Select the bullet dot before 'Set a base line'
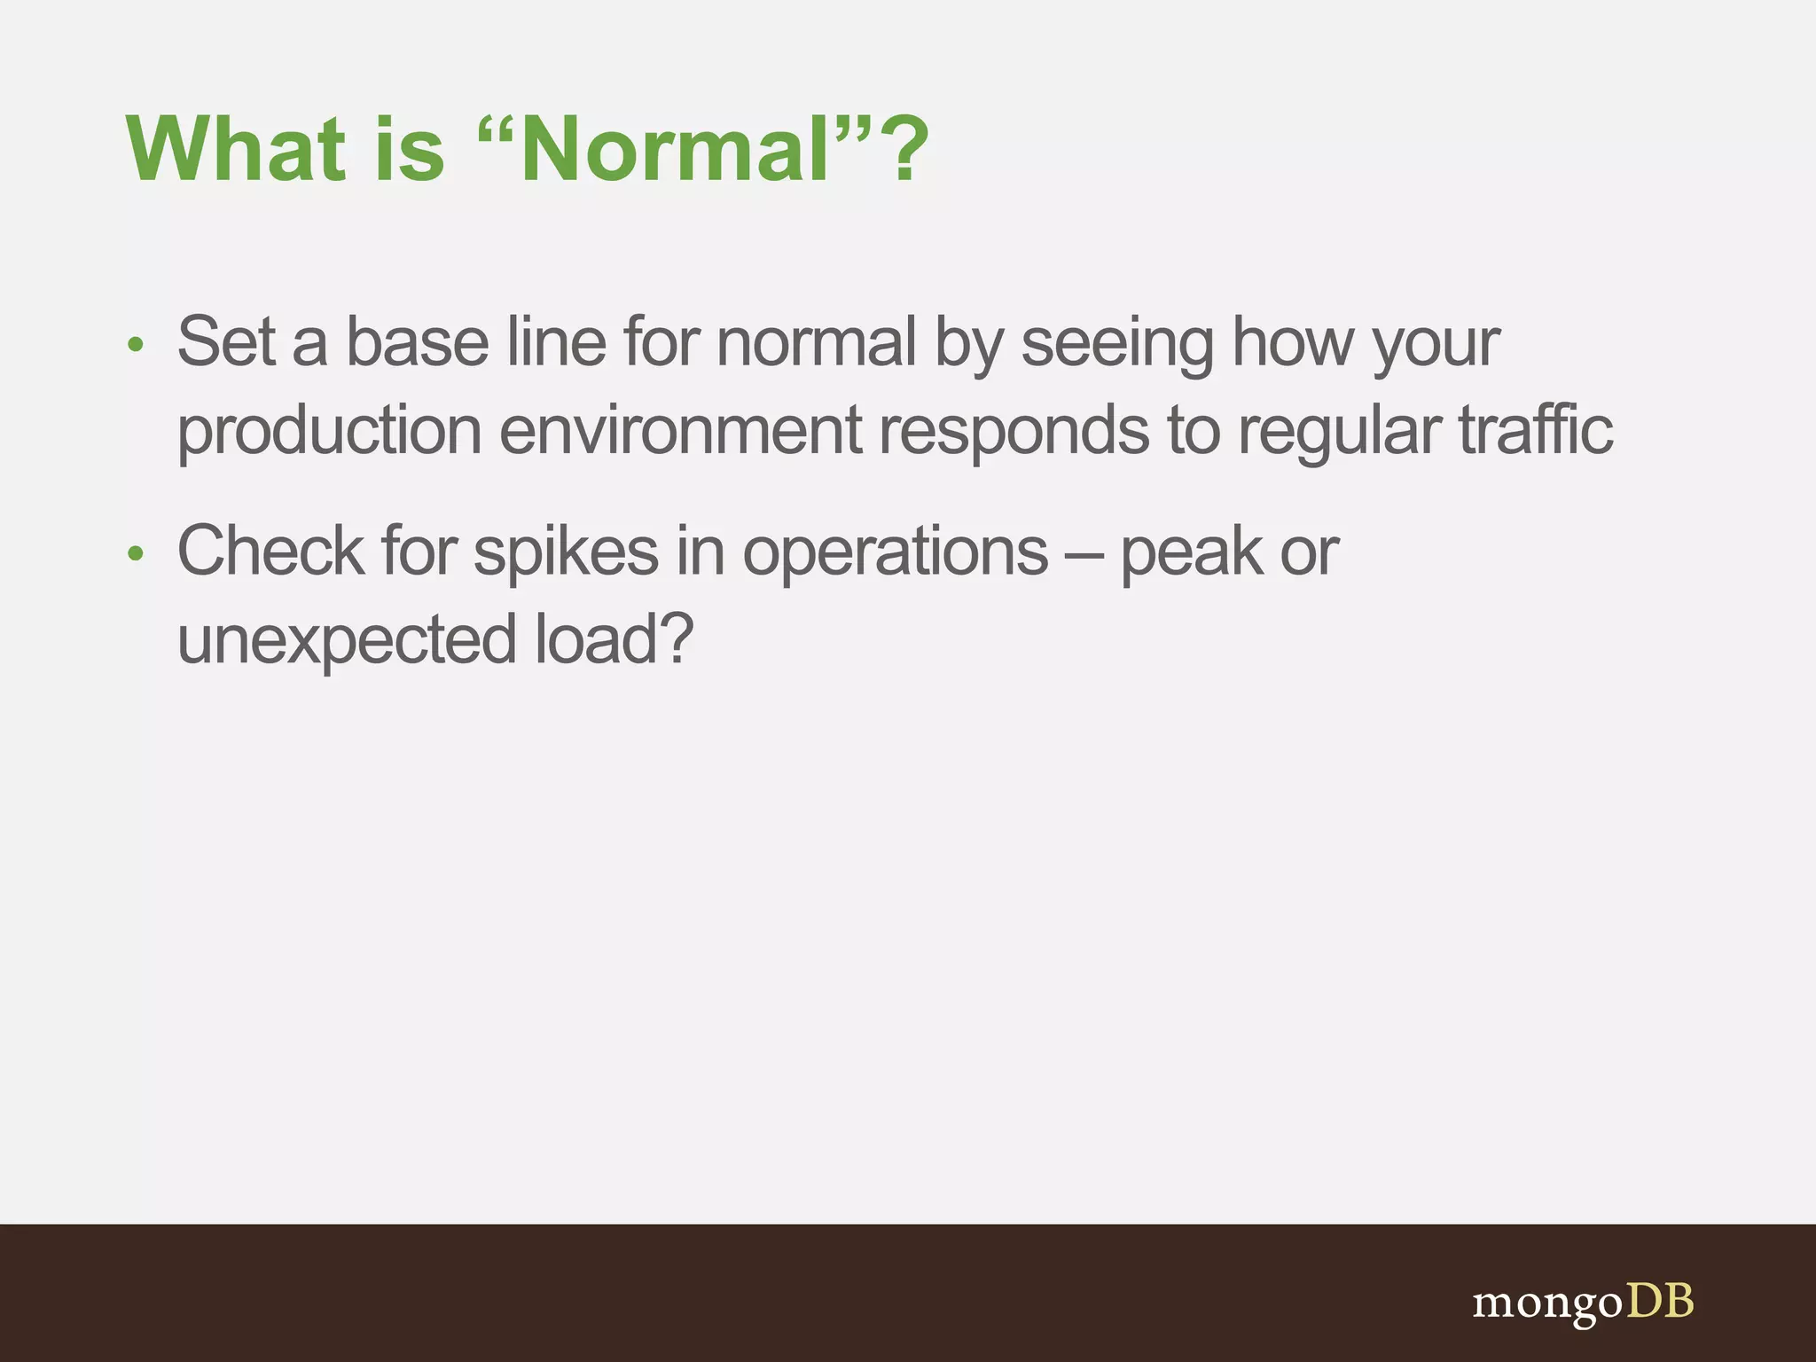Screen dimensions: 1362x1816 135,345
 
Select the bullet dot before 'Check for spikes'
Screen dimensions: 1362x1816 135,554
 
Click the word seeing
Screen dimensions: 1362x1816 1117,344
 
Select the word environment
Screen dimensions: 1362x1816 680,429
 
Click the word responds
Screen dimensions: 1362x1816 1014,431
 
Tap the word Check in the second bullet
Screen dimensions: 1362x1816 270,551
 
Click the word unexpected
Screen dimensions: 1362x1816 347,640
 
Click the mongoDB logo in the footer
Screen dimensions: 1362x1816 1583,1303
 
